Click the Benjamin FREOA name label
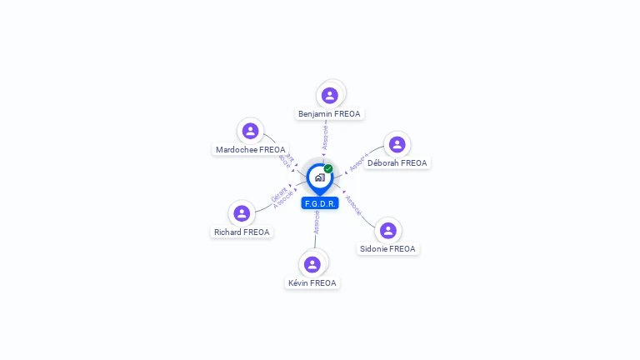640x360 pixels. [329, 113]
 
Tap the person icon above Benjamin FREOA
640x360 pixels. [330, 95]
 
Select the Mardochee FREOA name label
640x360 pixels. [250, 150]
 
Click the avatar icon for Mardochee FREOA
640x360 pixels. [250, 131]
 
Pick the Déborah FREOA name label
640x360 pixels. [397, 163]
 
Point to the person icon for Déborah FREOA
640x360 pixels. [397, 144]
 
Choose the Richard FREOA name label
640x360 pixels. [242, 232]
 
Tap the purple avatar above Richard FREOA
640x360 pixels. [242, 213]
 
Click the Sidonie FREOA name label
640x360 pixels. [387, 249]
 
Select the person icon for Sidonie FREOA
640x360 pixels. [387, 230]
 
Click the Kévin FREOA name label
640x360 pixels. [312, 283]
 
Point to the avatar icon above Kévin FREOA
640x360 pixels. [312, 264]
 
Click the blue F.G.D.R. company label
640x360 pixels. [320, 203]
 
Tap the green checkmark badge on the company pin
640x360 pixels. [328, 169]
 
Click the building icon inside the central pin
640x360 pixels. [319, 177]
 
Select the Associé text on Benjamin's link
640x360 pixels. [325, 137]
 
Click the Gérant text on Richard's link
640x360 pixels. [278, 194]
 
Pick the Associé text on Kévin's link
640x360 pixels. [317, 222]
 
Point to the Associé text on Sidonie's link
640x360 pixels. [353, 206]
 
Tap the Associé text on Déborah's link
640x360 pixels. [358, 162]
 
